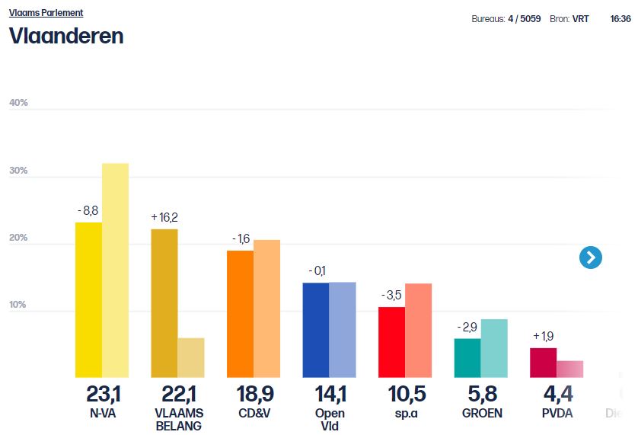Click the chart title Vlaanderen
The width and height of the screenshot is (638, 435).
tap(66, 36)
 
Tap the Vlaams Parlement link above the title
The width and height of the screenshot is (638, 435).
tap(46, 13)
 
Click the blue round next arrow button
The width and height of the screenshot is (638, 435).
tap(590, 257)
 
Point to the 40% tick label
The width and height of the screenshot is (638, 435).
tap(18, 103)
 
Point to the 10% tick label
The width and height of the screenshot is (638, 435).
tap(18, 305)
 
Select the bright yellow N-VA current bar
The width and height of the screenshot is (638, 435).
tap(88, 300)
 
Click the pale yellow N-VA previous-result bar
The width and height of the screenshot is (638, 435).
tap(116, 270)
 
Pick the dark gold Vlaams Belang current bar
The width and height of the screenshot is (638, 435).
tap(164, 303)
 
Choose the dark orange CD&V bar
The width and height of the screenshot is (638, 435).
tap(241, 314)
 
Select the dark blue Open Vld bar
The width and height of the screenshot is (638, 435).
tap(316, 330)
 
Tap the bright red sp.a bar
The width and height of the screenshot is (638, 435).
tap(392, 342)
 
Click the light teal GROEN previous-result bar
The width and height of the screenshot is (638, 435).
tap(494, 348)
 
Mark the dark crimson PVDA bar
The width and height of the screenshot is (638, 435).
tap(543, 363)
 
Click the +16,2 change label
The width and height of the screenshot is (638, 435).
tap(164, 217)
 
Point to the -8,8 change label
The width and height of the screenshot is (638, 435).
tap(88, 210)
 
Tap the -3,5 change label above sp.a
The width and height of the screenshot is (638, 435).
tap(391, 295)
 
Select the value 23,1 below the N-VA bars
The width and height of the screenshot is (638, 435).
tap(102, 395)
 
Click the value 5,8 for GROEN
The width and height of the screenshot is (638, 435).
tap(481, 395)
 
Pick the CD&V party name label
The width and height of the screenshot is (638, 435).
tap(254, 414)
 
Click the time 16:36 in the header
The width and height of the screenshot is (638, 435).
tap(620, 19)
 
